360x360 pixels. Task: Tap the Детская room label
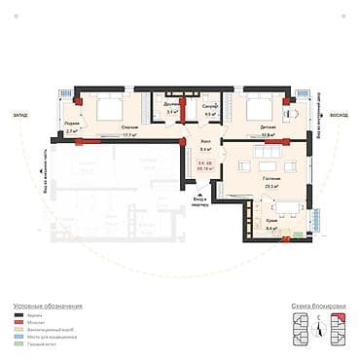click(268, 127)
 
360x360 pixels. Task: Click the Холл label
click(205, 141)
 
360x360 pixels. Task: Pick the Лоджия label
click(72, 123)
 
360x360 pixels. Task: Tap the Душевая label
click(171, 104)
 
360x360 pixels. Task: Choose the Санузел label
click(209, 104)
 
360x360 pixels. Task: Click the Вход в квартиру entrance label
click(199, 202)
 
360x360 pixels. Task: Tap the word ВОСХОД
click(338, 114)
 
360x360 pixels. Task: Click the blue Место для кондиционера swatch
click(20, 338)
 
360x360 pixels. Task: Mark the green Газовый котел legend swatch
click(20, 344)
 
